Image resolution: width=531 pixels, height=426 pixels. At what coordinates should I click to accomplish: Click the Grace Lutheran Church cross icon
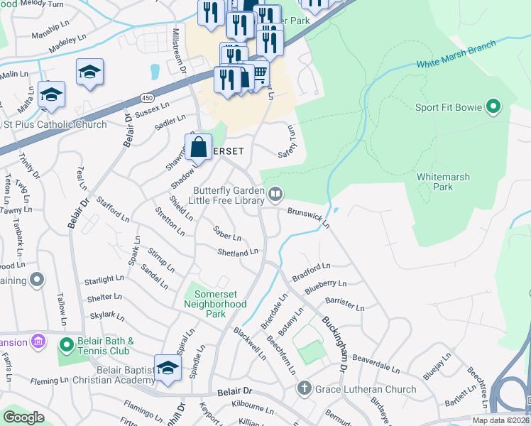point(304,388)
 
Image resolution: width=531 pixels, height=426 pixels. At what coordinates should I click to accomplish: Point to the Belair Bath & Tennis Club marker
point(66,346)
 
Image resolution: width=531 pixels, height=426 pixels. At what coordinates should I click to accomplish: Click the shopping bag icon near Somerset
point(199,148)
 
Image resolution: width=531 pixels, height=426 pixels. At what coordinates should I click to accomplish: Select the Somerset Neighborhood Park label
point(215,309)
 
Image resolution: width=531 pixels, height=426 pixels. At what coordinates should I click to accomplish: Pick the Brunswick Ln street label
point(310,217)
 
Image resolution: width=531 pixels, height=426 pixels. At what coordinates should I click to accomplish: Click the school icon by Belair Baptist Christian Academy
point(168,368)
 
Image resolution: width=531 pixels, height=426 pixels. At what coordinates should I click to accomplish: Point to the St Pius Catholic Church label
point(55,125)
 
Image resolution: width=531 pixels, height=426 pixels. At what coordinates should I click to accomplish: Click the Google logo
point(23,417)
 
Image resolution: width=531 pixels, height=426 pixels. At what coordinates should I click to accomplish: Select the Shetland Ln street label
point(238,253)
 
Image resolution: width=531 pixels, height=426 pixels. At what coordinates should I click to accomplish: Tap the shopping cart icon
point(260,72)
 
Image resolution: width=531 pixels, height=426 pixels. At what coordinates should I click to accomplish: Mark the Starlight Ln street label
point(104,280)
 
